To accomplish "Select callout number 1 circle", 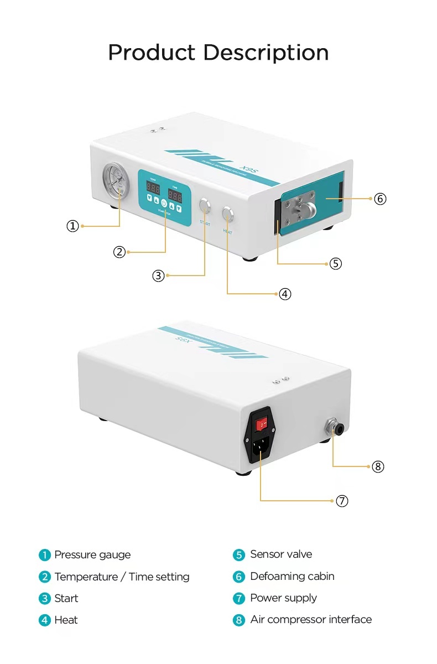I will pyautogui.click(x=72, y=226).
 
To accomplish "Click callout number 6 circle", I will pyautogui.click(x=380, y=199).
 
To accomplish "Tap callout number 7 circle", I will pyautogui.click(x=342, y=501).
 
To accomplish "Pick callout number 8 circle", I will pyautogui.click(x=378, y=466).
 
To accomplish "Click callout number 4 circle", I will pyautogui.click(x=284, y=294).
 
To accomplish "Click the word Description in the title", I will pyautogui.click(x=266, y=53).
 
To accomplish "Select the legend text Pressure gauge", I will pyautogui.click(x=92, y=555).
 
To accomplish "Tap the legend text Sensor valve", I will pyautogui.click(x=280, y=554).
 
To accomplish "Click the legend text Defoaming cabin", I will pyautogui.click(x=292, y=576).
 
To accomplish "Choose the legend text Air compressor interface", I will pyautogui.click(x=310, y=619).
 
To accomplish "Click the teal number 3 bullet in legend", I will pyautogui.click(x=44, y=599).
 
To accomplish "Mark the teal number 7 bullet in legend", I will pyautogui.click(x=238, y=598).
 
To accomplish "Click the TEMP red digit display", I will pyautogui.click(x=153, y=189).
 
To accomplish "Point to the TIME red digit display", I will pyautogui.click(x=175, y=196).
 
